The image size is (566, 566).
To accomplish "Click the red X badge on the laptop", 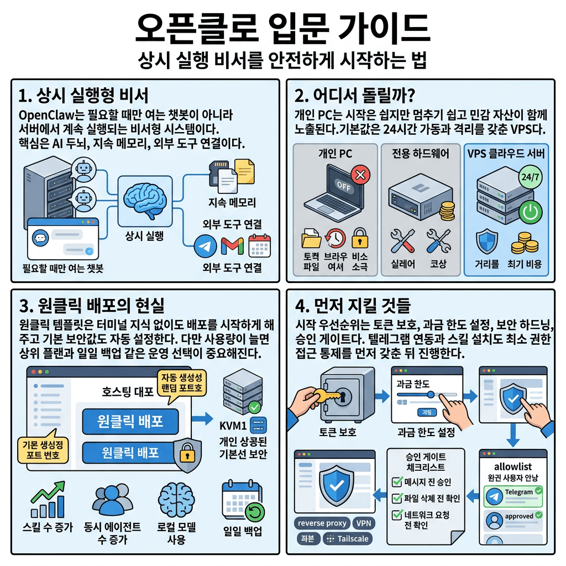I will coord(360,176).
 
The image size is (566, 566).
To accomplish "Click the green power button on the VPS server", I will coord(531,213).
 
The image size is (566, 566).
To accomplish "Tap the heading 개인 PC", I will coord(335,154).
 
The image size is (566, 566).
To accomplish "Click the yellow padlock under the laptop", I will coord(360,239).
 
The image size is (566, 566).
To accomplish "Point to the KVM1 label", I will coord(233,426).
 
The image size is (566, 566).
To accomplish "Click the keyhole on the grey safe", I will coord(343,397).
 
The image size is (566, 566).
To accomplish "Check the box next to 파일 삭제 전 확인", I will coord(396,497).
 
